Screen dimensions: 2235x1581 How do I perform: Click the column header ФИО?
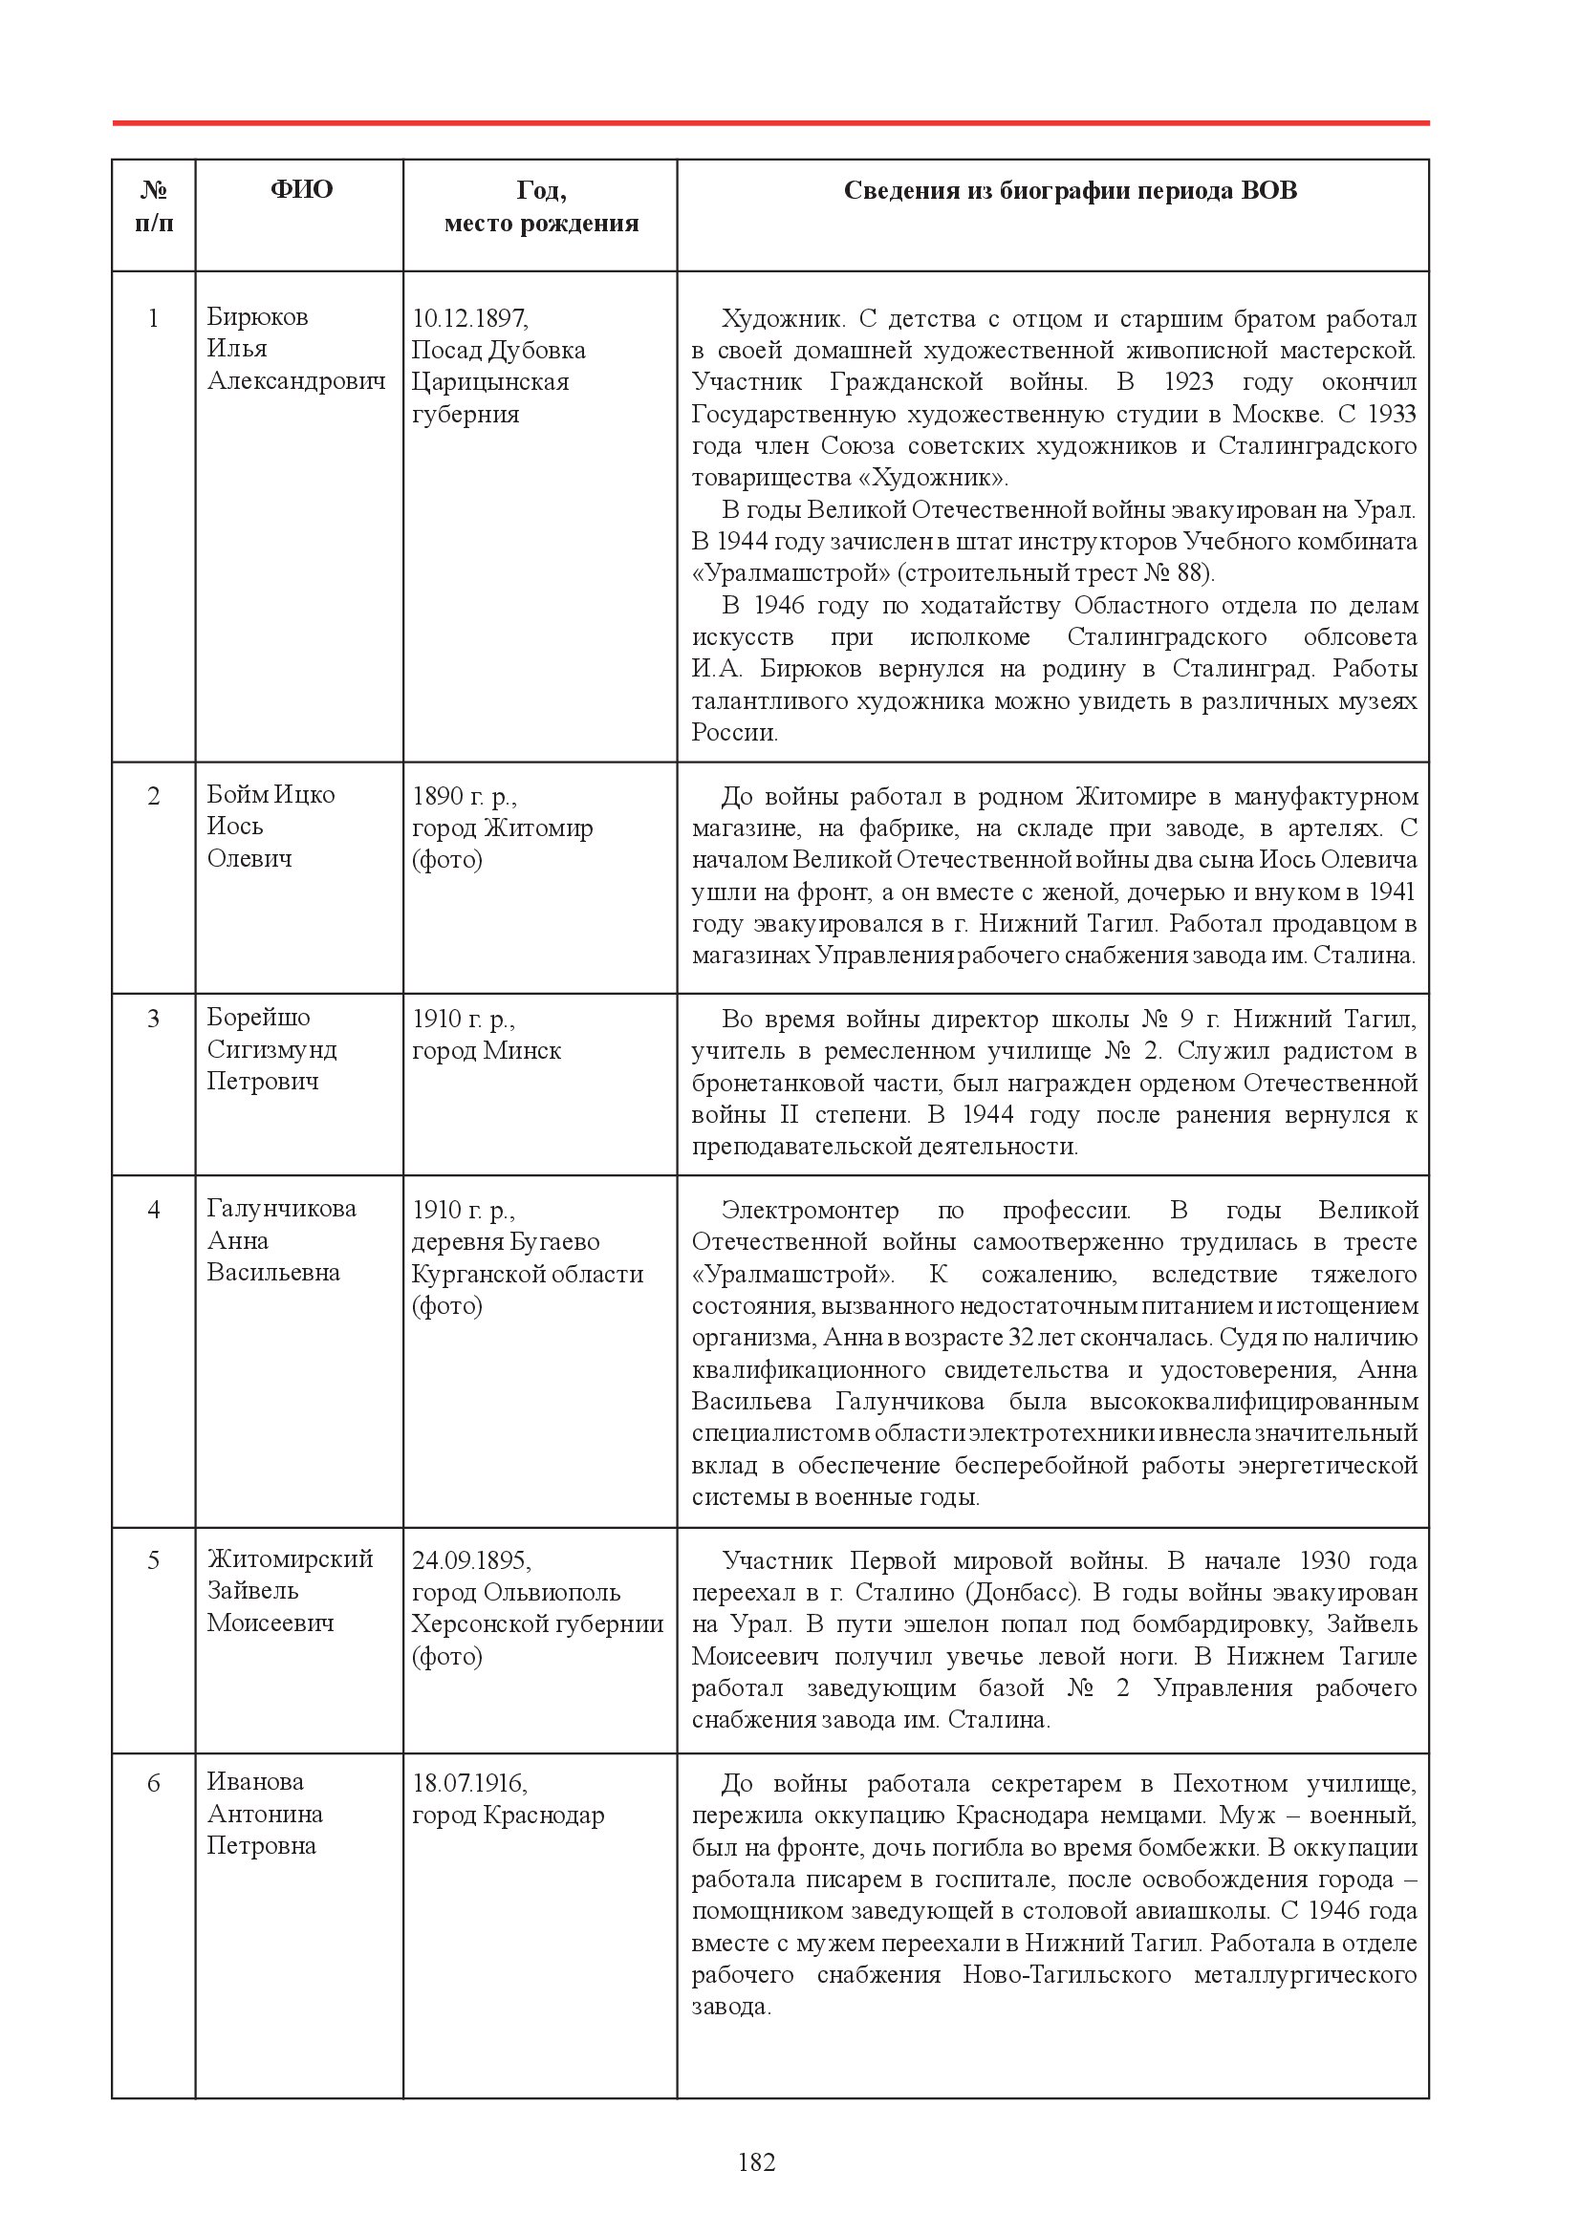(301, 190)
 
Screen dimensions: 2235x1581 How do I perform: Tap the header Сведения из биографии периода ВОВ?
(1070, 191)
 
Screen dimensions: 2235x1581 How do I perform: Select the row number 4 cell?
(153, 1211)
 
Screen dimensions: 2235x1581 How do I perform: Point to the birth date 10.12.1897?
(470, 318)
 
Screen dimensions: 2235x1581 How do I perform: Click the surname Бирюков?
(257, 317)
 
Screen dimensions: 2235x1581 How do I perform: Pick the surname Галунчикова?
(281, 1209)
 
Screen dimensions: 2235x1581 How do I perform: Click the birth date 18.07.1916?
(469, 1783)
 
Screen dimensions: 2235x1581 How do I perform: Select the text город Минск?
(487, 1051)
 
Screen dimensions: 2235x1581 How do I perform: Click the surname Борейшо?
(258, 1019)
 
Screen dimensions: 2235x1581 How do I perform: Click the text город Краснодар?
(509, 1816)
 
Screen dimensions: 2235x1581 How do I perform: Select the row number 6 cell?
(153, 1783)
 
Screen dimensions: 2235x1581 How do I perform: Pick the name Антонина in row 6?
(265, 1815)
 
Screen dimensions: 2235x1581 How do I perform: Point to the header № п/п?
(154, 206)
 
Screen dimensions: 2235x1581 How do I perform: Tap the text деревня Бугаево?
(506, 1242)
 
